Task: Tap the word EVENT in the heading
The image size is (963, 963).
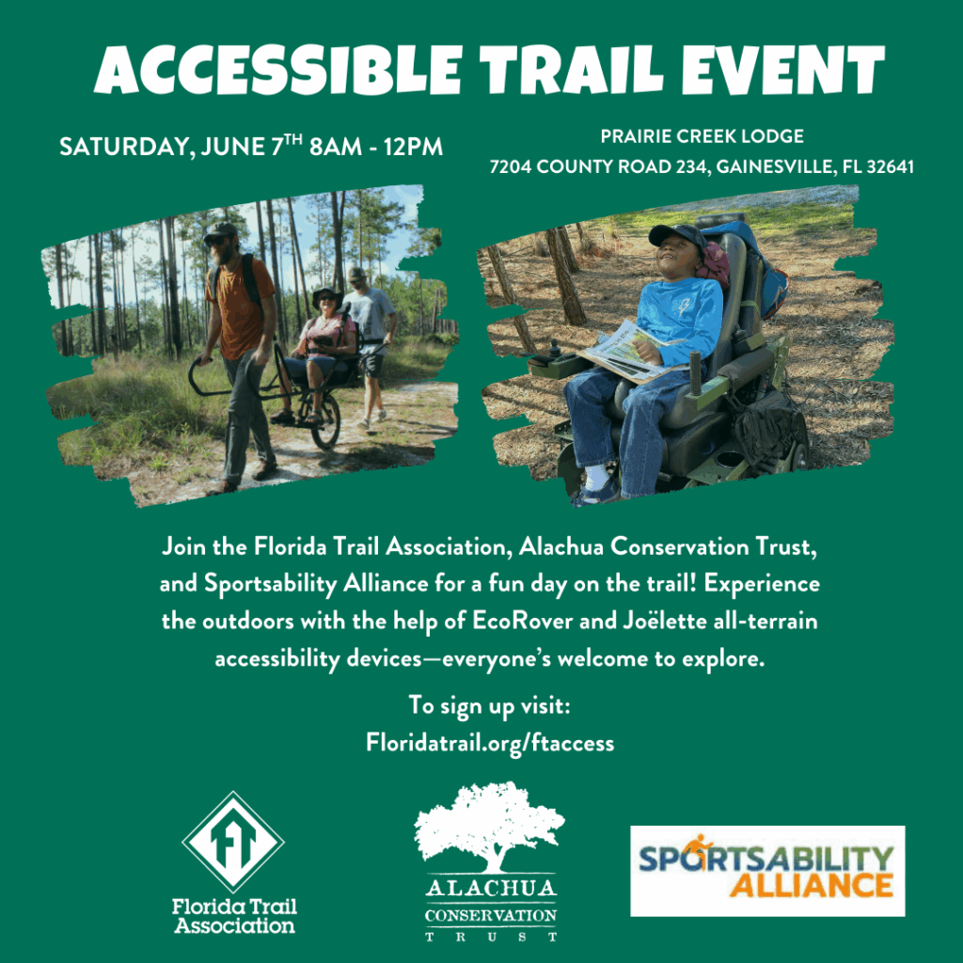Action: pyautogui.click(x=783, y=70)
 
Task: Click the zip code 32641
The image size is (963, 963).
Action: pyautogui.click(x=890, y=166)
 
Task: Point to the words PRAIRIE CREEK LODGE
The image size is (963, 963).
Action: pyautogui.click(x=702, y=136)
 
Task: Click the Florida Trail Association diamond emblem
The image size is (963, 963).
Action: pyautogui.click(x=233, y=842)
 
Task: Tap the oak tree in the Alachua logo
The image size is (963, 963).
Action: pyautogui.click(x=489, y=827)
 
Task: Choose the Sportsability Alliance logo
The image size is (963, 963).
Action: pyautogui.click(x=767, y=871)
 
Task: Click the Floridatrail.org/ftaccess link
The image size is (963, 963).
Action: pyautogui.click(x=490, y=743)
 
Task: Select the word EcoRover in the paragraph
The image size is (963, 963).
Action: pyautogui.click(x=522, y=621)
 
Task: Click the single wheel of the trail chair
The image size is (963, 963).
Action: pyautogui.click(x=325, y=421)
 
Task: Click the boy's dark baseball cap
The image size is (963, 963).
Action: pyautogui.click(x=678, y=235)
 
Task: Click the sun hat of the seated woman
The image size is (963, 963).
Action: pyautogui.click(x=326, y=296)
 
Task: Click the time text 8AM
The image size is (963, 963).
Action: pyautogui.click(x=336, y=147)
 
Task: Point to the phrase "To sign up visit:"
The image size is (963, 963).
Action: pyautogui.click(x=489, y=705)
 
